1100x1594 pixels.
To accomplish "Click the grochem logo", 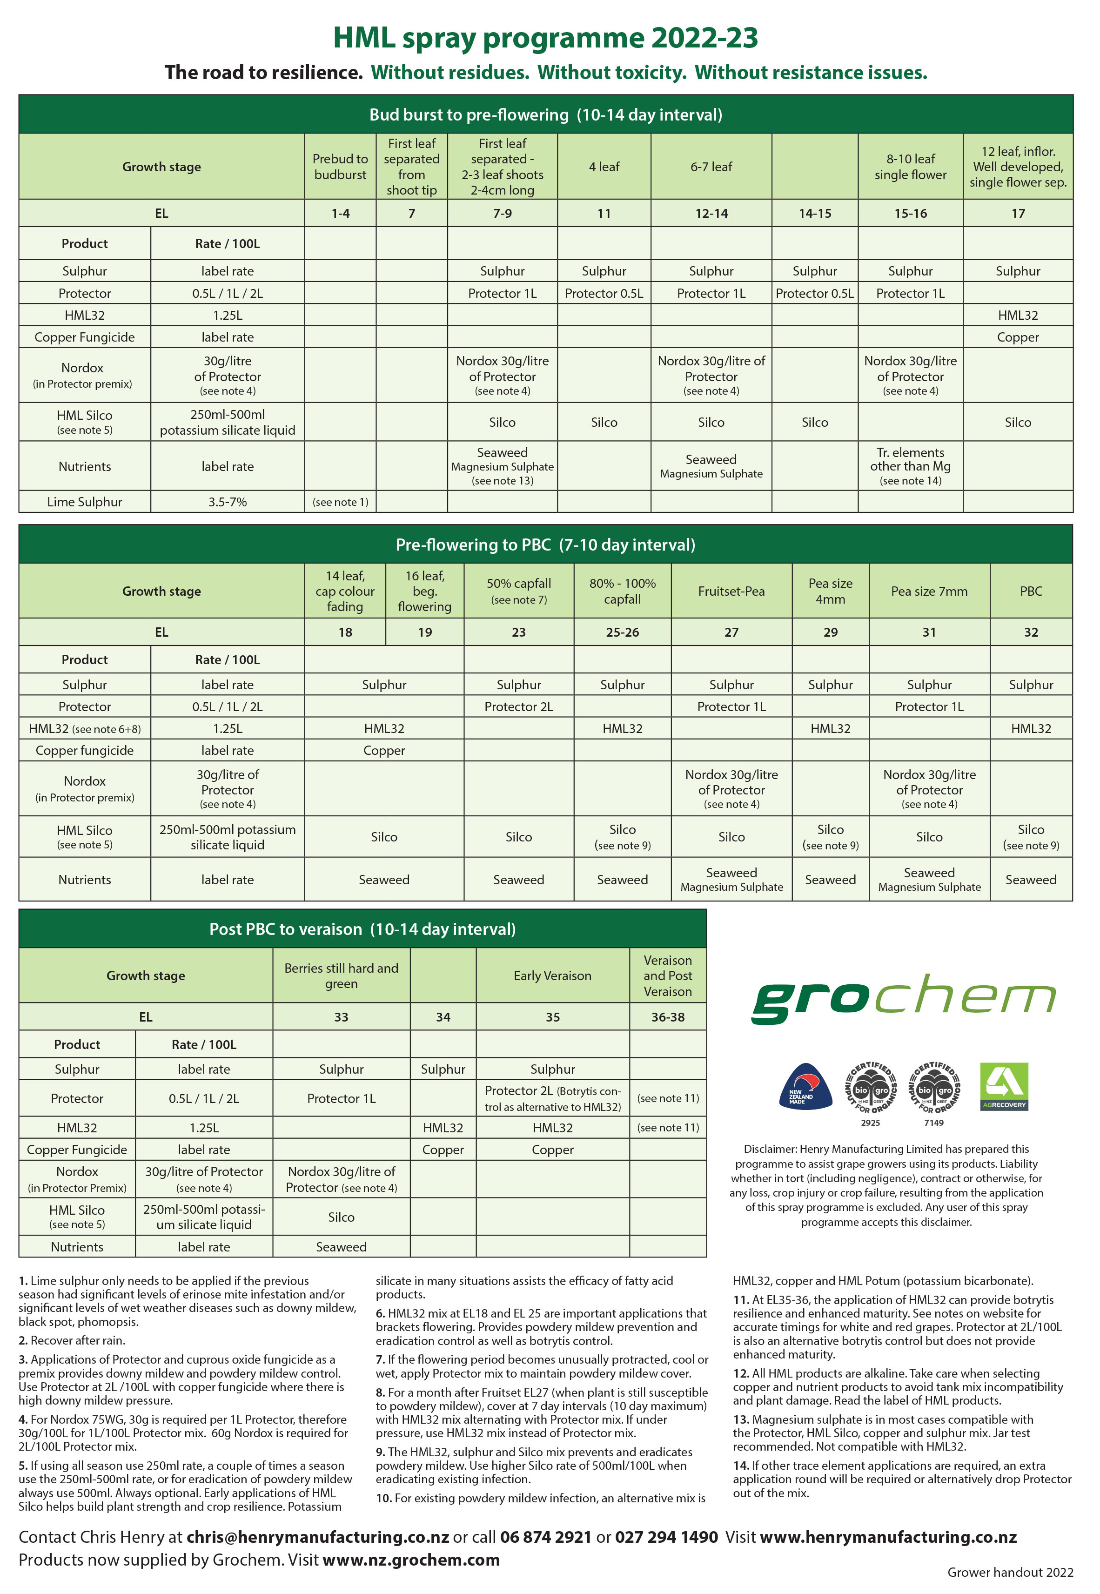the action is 903,997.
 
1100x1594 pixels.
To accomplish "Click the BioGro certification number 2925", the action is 871,1123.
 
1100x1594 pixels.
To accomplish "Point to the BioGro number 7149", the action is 934,1123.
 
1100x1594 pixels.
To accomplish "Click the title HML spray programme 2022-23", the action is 545,37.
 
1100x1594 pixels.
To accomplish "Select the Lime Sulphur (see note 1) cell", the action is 341,502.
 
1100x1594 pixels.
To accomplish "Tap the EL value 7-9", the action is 503,214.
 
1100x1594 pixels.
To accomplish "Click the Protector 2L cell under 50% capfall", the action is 518,706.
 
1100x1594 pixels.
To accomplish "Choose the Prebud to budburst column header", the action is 341,167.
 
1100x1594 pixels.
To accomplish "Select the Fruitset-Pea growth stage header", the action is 731,591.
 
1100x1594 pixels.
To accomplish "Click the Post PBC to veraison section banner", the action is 362,929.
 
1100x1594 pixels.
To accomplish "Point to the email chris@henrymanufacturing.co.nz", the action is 318,1537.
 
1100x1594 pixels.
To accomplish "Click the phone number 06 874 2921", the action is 545,1537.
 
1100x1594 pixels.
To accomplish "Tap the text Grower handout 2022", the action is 1010,1572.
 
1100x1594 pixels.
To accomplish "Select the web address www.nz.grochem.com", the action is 411,1560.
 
